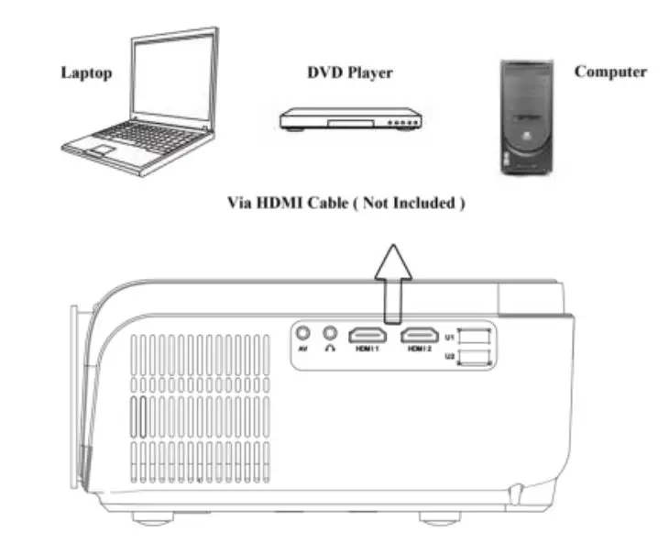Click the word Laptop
(86, 72)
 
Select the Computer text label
(610, 72)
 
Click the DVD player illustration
(349, 118)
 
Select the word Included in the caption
(423, 203)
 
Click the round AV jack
(304, 334)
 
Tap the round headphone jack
(330, 334)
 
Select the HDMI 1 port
(367, 335)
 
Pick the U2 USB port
(476, 357)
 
